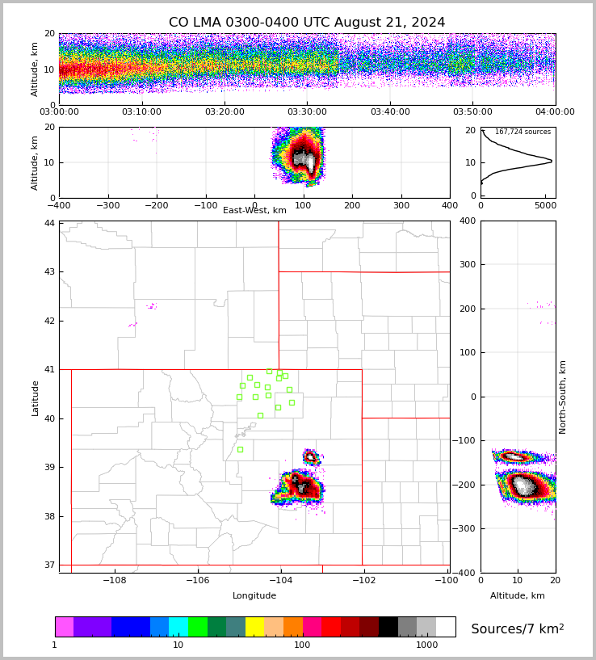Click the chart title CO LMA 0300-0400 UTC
click(307, 23)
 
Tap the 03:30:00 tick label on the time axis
click(307, 112)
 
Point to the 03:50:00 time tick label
click(472, 112)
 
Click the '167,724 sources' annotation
click(523, 132)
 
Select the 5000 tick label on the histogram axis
click(545, 206)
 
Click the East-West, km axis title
click(254, 211)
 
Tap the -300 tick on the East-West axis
click(107, 206)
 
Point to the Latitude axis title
click(36, 397)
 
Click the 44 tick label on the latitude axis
click(50, 223)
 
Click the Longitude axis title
click(254, 596)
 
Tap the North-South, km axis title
click(564, 397)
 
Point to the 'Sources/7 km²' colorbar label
click(518, 629)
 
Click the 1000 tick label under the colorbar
click(426, 645)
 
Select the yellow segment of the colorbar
click(254, 627)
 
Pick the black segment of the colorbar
click(388, 627)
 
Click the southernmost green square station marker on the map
click(240, 449)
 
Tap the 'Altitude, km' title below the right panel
click(518, 596)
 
